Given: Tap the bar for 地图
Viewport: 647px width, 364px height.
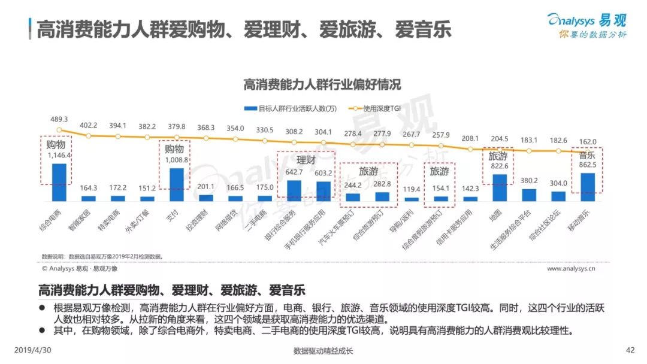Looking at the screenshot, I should pos(499,187).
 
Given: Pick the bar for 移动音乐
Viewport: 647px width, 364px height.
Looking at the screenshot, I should pos(588,186).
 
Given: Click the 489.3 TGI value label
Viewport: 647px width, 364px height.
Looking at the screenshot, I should pos(59,119).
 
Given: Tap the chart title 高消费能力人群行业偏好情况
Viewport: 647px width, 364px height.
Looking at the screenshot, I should pos(322,84).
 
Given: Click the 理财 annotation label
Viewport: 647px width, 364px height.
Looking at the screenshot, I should pos(306,160).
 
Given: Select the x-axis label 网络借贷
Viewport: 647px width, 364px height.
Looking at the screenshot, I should pos(235,223).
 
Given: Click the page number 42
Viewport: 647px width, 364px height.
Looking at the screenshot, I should pos(630,350).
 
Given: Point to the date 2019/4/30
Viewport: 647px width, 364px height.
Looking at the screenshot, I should pos(31,350).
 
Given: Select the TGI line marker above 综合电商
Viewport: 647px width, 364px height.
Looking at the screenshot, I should pos(59,129).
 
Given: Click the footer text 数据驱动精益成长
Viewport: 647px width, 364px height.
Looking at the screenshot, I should pos(323,351).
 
